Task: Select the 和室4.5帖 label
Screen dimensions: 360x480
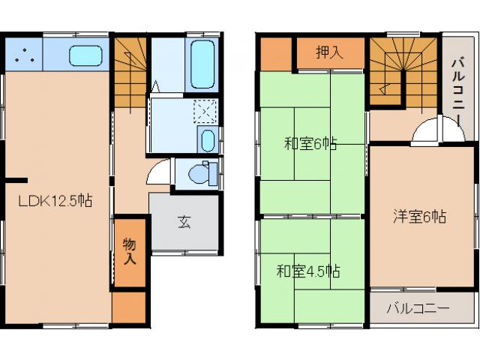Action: click(307, 270)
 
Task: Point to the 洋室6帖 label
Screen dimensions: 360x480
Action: click(420, 217)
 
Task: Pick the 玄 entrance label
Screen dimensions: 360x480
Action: click(184, 221)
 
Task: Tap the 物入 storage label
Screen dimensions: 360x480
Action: click(130, 251)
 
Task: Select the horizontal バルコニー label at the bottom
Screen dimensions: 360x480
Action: click(418, 307)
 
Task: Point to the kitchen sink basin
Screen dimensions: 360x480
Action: click(86, 55)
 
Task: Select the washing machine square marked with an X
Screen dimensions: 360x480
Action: click(204, 112)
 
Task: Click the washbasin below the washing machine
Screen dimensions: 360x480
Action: click(208, 140)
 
